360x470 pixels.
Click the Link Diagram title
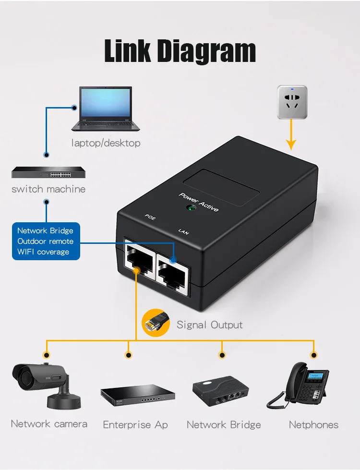coord(180,51)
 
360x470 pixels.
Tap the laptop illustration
coord(106,109)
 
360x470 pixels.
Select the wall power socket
coord(292,102)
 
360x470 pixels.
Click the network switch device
coord(46,172)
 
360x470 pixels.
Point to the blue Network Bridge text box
coord(46,241)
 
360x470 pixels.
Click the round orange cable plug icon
coord(156,322)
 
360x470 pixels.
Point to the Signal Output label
coord(210,325)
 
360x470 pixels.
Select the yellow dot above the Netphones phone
coord(314,355)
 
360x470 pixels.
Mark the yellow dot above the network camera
coord(47,355)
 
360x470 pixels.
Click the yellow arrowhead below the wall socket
coord(291,144)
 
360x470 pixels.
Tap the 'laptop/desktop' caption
coord(106,143)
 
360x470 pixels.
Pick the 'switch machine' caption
coord(48,189)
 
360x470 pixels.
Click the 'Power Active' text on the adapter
coord(199,203)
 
